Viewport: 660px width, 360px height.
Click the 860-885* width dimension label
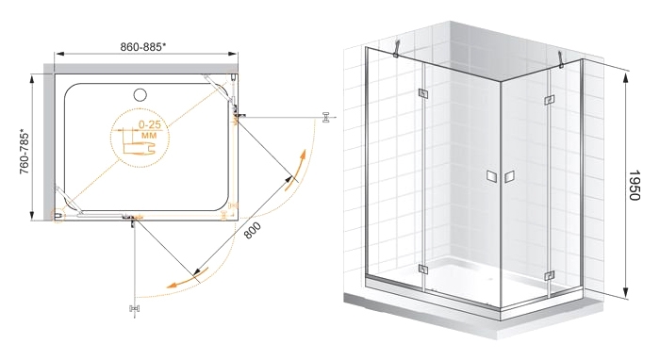143,47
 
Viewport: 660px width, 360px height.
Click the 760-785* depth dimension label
25,153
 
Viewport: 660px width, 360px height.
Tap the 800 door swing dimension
252,231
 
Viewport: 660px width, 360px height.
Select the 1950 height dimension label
634,185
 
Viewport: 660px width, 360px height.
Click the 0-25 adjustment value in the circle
149,125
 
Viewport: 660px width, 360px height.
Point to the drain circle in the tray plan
140,94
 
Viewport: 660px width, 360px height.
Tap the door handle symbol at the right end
326,118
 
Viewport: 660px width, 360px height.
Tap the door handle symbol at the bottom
134,308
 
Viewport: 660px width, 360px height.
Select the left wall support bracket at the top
396,47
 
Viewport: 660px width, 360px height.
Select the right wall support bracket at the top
561,58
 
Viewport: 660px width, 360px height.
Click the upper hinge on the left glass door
422,94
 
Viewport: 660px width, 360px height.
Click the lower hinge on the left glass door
423,270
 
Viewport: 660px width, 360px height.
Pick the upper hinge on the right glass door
549,100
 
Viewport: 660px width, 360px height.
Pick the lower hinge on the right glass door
548,276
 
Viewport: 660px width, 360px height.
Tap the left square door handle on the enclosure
491,176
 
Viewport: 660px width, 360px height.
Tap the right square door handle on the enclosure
509,176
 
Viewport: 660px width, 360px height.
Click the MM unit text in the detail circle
149,136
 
